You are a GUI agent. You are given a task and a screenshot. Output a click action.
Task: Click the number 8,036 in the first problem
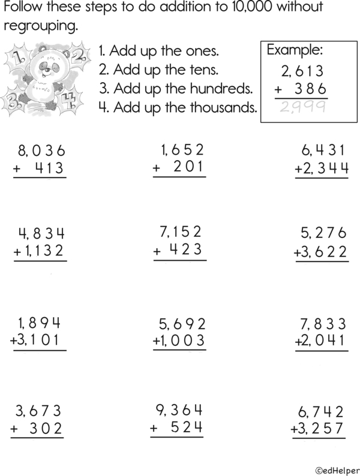tap(41, 150)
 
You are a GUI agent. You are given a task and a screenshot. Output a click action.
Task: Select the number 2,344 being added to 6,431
tap(322, 168)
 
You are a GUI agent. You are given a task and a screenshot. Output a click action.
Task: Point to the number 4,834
tap(41, 233)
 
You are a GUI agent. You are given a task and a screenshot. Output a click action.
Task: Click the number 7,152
tap(180, 231)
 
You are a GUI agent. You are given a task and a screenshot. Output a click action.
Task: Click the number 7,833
tap(323, 324)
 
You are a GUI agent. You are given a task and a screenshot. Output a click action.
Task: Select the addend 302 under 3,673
tap(47, 429)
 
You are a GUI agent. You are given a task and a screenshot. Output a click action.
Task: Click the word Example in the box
tap(295, 49)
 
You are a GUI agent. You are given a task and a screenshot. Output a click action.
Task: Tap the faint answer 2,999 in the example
tap(303, 107)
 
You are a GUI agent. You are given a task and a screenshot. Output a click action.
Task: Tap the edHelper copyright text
tap(337, 467)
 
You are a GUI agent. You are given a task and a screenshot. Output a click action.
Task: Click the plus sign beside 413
tap(18, 168)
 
